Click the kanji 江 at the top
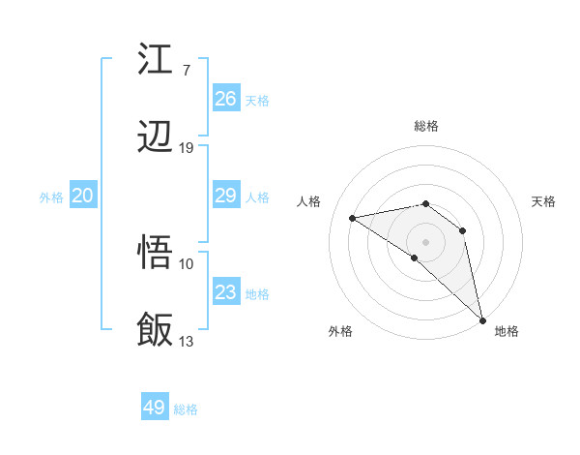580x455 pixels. pyautogui.click(x=156, y=60)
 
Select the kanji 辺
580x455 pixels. pyautogui.click(x=156, y=139)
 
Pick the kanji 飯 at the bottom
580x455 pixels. pyautogui.click(x=156, y=329)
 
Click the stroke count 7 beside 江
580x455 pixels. pyautogui.click(x=186, y=70)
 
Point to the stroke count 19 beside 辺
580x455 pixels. pyautogui.click(x=187, y=148)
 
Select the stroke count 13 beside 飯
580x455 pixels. pyautogui.click(x=187, y=341)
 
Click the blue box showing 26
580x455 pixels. pyautogui.click(x=225, y=99)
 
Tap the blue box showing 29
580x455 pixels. pyautogui.click(x=225, y=196)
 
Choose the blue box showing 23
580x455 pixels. pyautogui.click(x=225, y=292)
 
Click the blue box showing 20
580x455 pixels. pyautogui.click(x=82, y=196)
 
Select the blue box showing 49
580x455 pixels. pyautogui.click(x=155, y=408)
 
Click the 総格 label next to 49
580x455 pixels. pyautogui.click(x=186, y=409)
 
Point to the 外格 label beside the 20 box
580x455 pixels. pyautogui.click(x=51, y=197)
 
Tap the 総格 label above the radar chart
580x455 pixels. pyautogui.click(x=426, y=126)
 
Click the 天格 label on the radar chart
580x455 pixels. pyautogui.click(x=544, y=201)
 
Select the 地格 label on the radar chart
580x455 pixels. pyautogui.click(x=507, y=331)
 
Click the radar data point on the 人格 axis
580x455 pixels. pyautogui.click(x=353, y=218)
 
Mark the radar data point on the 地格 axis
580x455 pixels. pyautogui.click(x=482, y=319)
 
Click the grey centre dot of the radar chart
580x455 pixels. pyautogui.click(x=426, y=242)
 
